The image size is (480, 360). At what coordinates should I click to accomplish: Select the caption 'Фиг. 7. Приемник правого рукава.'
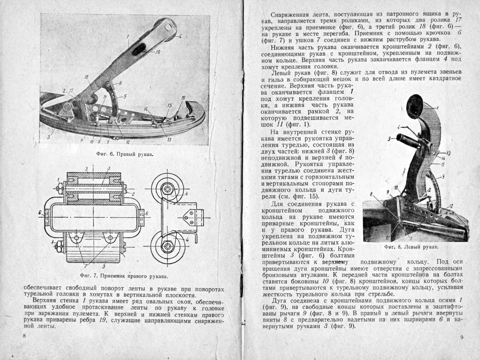point(124,276)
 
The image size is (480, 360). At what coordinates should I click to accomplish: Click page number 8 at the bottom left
point(24,336)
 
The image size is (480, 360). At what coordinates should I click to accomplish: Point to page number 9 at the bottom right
point(462,337)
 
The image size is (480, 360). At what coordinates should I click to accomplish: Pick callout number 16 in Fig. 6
point(183,97)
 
